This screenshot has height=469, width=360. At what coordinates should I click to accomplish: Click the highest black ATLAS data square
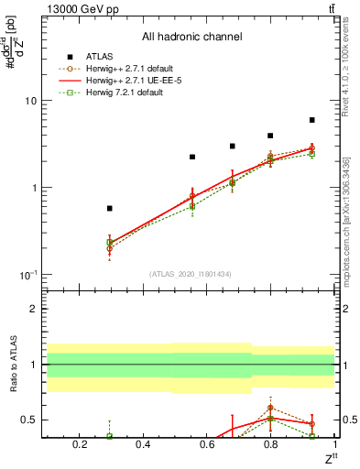pyautogui.click(x=311, y=120)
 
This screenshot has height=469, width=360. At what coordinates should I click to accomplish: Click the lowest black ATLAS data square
pyautogui.click(x=110, y=209)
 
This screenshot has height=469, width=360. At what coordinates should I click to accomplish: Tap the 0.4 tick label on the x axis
pyautogui.click(x=143, y=445)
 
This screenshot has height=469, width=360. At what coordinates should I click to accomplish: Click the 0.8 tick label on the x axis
pyautogui.click(x=270, y=445)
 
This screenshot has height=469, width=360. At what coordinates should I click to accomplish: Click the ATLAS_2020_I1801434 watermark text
pyautogui.click(x=191, y=274)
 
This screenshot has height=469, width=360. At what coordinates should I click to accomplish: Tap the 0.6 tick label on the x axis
pyautogui.click(x=207, y=445)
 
